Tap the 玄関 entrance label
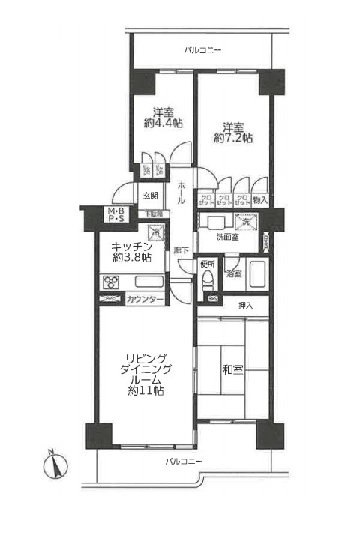tap(149, 196)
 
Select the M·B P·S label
tap(116, 216)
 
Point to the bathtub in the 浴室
tap(256, 274)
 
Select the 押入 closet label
tap(246, 306)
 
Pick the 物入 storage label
tap(260, 200)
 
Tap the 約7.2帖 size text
tap(232, 138)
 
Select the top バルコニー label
tap(203, 51)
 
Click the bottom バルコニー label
tap(184, 460)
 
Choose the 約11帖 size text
tap(146, 391)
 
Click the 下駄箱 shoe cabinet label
tap(152, 214)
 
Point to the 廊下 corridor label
tap(181, 250)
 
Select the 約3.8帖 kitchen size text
tap(132, 257)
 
